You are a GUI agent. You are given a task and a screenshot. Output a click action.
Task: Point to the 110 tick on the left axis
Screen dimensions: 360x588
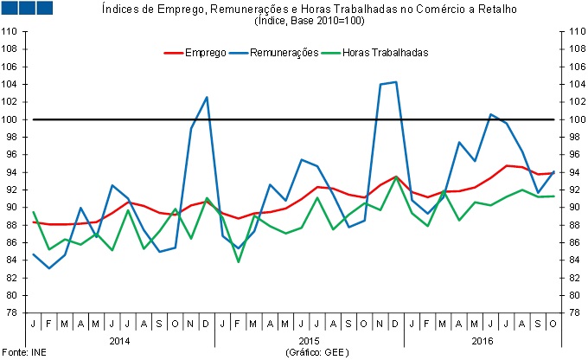click(x=10, y=31)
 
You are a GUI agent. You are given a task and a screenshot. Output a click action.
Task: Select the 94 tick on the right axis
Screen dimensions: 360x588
click(x=572, y=172)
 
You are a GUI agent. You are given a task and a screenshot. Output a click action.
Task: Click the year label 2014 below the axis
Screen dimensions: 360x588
click(x=119, y=341)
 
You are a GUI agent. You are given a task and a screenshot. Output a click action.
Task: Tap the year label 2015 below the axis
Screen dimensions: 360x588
click(x=296, y=341)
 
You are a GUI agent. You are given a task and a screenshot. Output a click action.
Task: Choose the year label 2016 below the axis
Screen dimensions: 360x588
click(x=483, y=341)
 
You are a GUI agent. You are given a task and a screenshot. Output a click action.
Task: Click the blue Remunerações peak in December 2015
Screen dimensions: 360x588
click(x=395, y=82)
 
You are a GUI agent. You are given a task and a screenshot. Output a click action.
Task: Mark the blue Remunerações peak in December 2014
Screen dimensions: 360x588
click(x=207, y=97)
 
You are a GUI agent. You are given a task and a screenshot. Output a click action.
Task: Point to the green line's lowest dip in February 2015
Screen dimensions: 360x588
click(x=238, y=261)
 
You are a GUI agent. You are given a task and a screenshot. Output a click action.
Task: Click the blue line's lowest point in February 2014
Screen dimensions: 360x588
click(x=49, y=268)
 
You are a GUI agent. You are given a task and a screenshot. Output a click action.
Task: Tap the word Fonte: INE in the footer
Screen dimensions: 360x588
click(x=17, y=353)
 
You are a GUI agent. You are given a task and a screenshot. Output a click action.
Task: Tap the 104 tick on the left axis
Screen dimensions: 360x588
click(x=10, y=84)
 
